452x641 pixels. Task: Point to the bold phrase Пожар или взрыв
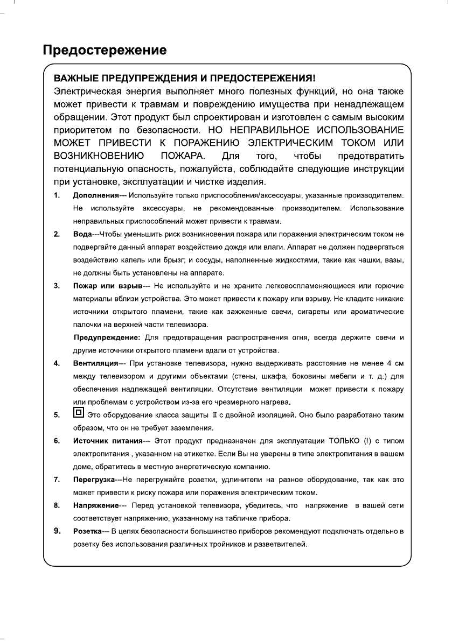107,285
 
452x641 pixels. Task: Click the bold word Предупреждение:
107,337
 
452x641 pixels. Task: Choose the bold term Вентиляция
96,363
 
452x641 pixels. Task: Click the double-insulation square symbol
78,414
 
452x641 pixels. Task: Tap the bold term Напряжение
95,505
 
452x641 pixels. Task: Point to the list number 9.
57,532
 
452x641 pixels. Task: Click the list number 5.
56,415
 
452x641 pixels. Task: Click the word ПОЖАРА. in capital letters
183,156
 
